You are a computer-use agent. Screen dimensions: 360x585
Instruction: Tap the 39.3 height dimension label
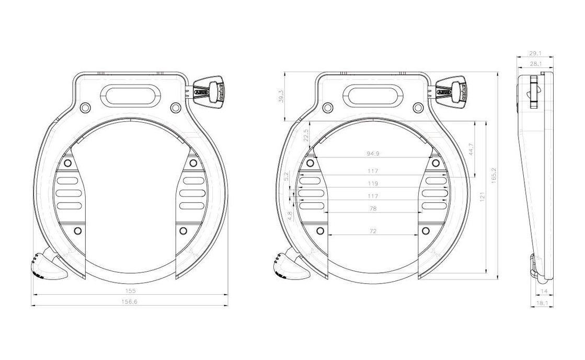coord(281,97)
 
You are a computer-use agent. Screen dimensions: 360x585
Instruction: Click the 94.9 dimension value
coord(373,154)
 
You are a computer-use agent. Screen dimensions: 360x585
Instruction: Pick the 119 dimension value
coord(373,184)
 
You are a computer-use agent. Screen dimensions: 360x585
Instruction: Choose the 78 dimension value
coord(373,208)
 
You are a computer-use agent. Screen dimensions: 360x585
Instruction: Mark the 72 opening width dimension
coord(373,231)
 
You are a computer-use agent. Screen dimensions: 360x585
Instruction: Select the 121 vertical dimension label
coord(483,196)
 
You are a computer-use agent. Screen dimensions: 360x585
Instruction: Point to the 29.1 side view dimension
coord(535,53)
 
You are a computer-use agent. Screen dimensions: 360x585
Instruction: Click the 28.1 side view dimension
coord(535,64)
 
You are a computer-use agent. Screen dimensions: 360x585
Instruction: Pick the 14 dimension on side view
coord(543,291)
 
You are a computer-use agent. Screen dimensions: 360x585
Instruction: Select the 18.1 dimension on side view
coord(542,303)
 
